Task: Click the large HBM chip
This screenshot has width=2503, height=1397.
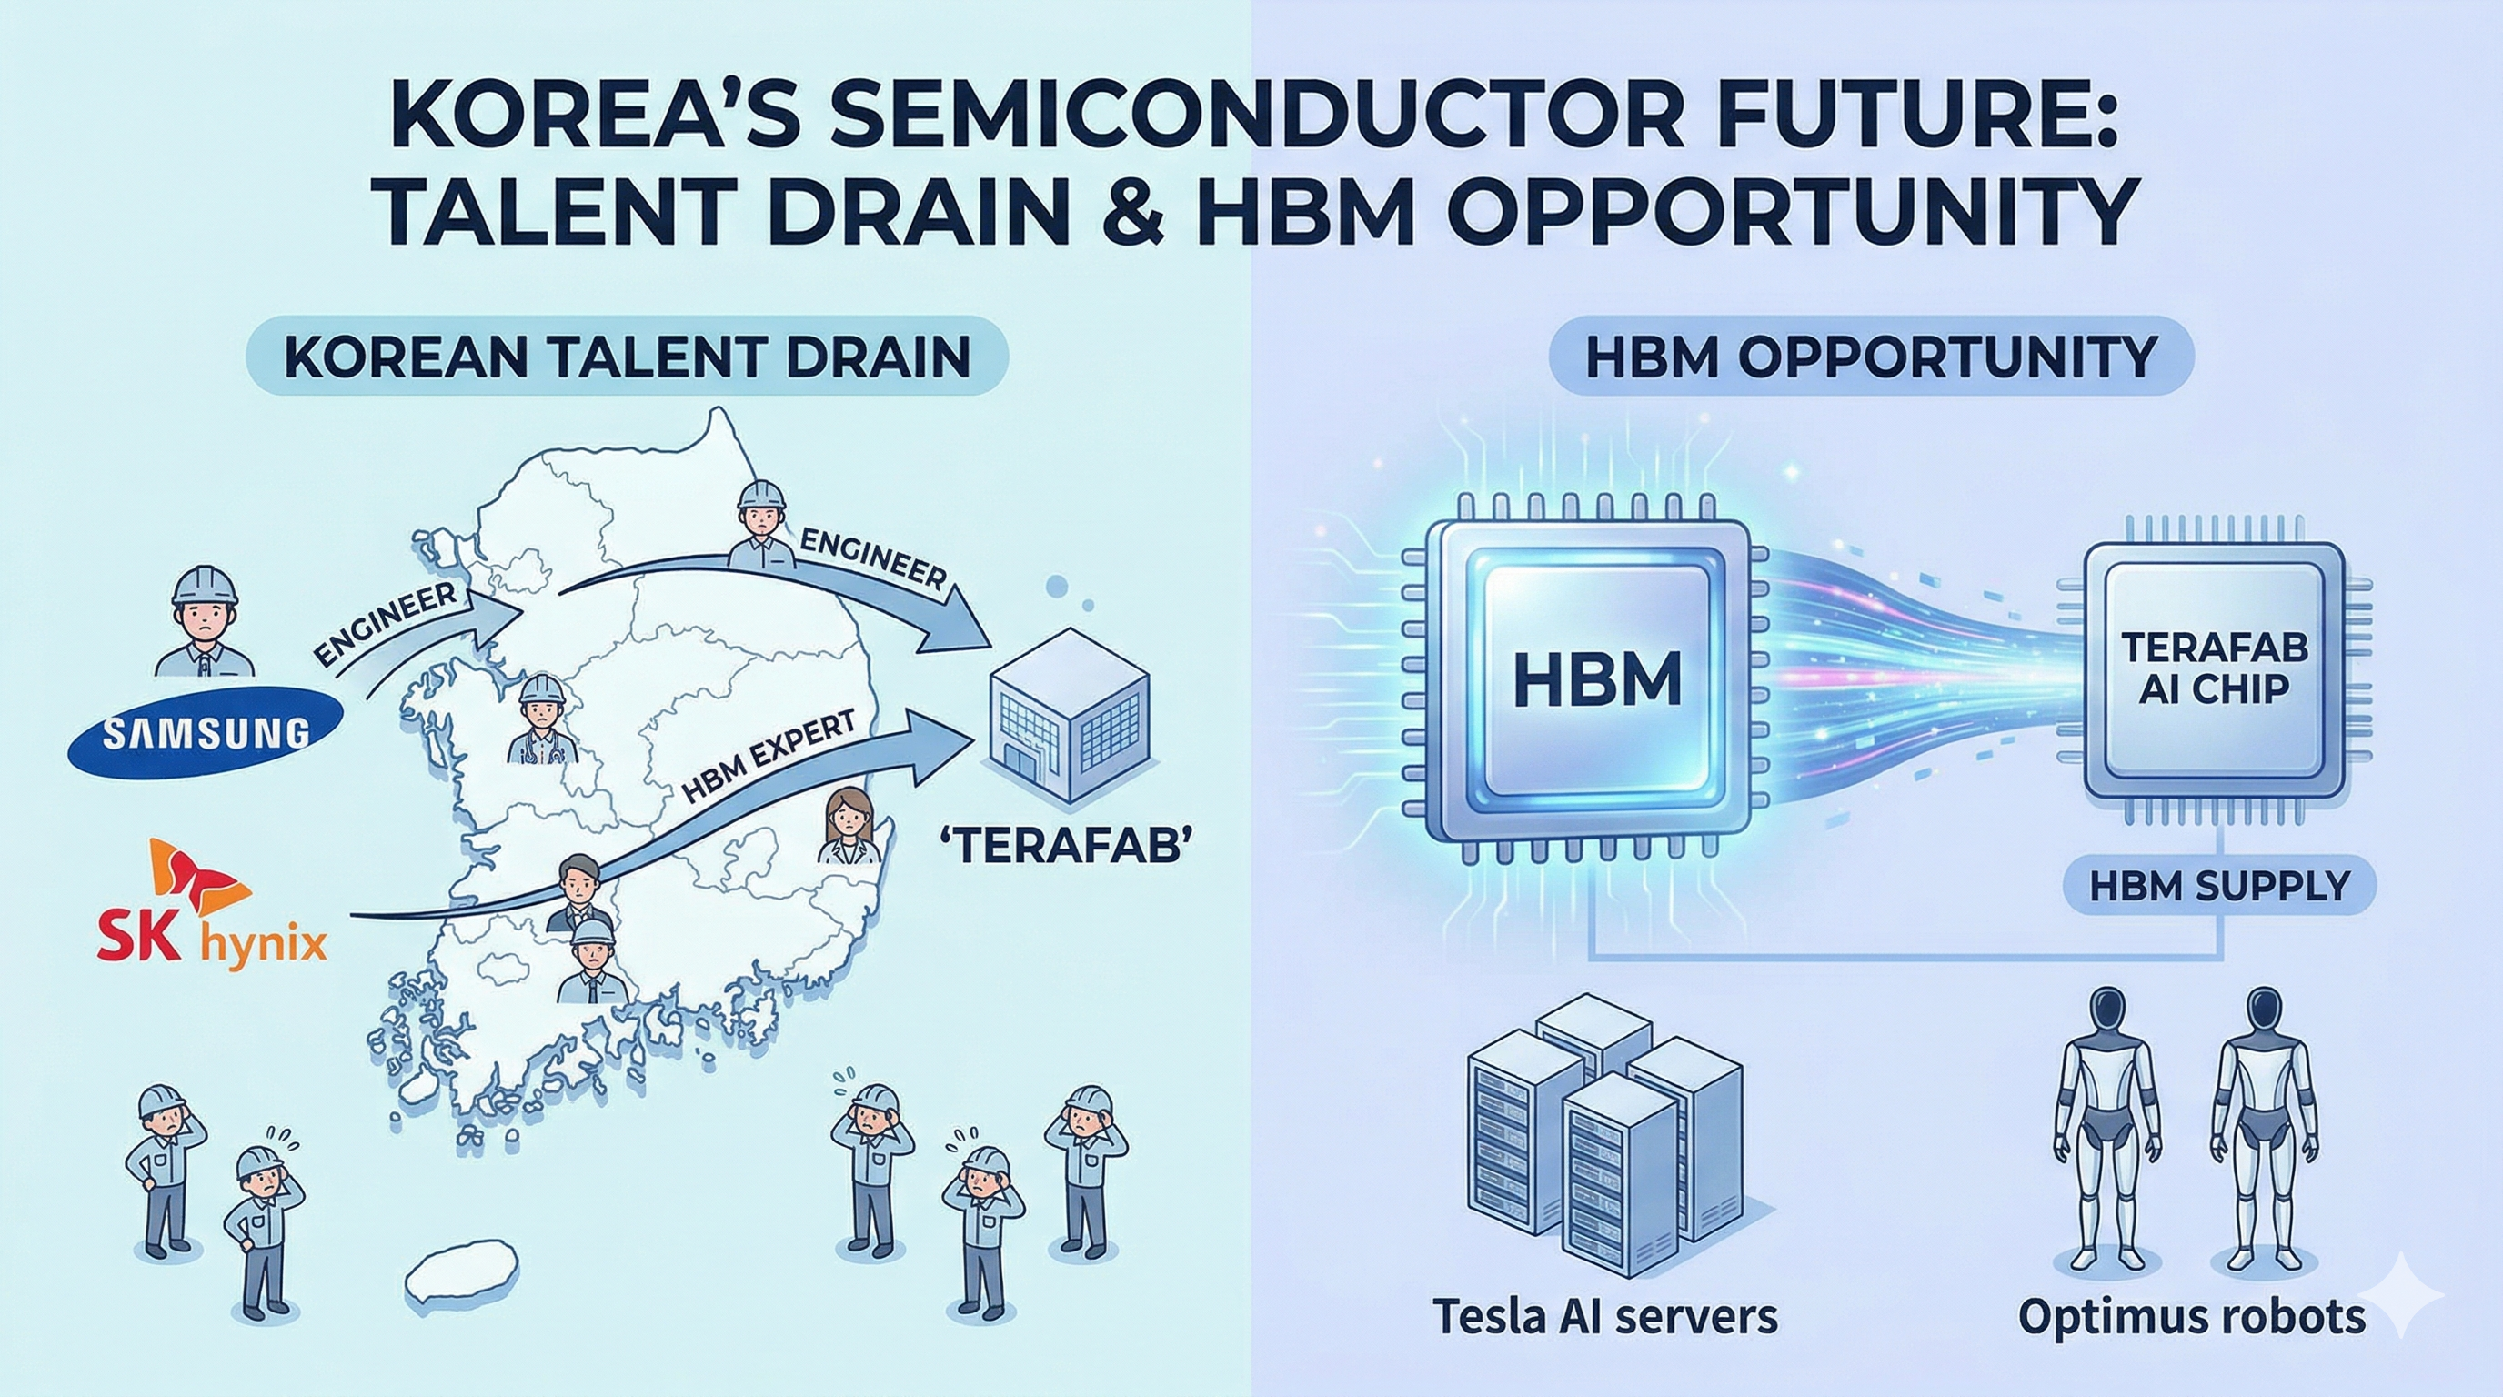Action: tap(1595, 679)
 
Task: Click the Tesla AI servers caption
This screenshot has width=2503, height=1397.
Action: tap(1605, 1316)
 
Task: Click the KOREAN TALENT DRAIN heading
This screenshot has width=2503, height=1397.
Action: tap(627, 357)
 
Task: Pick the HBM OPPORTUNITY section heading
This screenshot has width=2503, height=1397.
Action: tap(1871, 357)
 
